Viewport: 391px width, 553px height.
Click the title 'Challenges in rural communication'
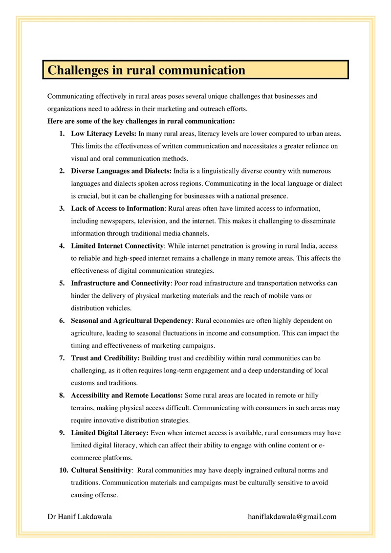click(146, 70)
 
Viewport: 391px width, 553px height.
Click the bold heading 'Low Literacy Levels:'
click(104, 133)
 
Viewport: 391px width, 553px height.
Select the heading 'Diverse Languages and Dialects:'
click(121, 171)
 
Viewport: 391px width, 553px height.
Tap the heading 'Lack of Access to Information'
click(117, 208)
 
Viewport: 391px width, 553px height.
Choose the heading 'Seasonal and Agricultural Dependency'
click(131, 320)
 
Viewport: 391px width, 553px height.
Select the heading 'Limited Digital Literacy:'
click(110, 433)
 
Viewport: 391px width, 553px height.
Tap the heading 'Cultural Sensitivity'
click(102, 470)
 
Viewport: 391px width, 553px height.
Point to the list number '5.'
click(62, 283)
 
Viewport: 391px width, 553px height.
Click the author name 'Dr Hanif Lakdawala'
click(80, 516)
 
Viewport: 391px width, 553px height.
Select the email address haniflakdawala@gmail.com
click(292, 516)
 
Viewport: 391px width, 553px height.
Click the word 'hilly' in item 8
click(310, 395)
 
